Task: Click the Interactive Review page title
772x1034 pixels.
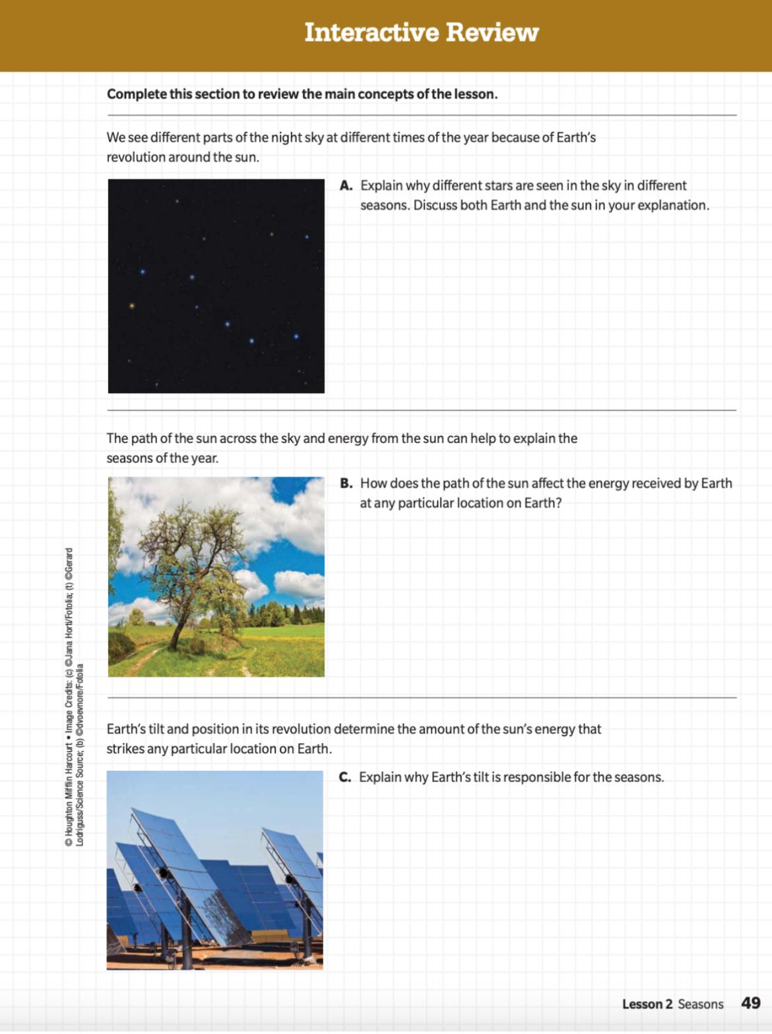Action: pyautogui.click(x=421, y=32)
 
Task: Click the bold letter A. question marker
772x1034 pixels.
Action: pyautogui.click(x=346, y=186)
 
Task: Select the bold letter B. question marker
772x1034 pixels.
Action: pyautogui.click(x=346, y=483)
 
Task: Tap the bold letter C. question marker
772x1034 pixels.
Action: pyautogui.click(x=345, y=777)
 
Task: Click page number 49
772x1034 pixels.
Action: pyautogui.click(x=750, y=1003)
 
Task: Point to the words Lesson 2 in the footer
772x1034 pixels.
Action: pyautogui.click(x=647, y=1004)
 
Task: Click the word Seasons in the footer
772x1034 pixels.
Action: pyautogui.click(x=701, y=1004)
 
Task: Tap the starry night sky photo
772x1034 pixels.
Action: pyautogui.click(x=216, y=286)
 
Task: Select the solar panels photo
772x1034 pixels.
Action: pyautogui.click(x=215, y=870)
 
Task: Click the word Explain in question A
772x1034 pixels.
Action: pyautogui.click(x=381, y=186)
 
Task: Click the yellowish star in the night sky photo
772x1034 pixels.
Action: pyautogui.click(x=132, y=306)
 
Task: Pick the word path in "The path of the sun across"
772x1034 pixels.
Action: pyautogui.click(x=145, y=439)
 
